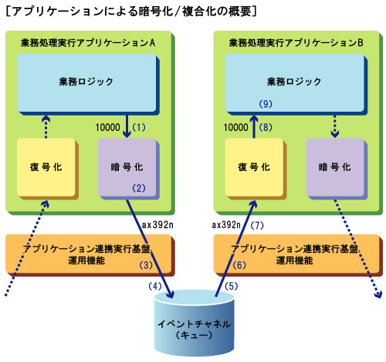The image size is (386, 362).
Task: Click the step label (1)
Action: (139, 127)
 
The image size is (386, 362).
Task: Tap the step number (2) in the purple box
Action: (139, 188)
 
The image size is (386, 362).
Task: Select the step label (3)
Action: (146, 265)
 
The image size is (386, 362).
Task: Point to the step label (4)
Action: (155, 286)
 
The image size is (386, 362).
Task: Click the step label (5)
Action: (232, 286)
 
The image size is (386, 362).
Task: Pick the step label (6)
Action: (239, 265)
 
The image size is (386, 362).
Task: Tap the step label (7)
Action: (257, 226)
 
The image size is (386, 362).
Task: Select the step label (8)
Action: (266, 127)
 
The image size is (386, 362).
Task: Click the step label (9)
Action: (266, 104)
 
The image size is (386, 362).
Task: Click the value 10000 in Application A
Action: (108, 127)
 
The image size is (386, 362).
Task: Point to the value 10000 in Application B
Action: (236, 127)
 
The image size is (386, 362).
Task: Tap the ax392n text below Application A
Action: (157, 225)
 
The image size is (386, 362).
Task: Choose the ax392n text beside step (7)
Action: (226, 225)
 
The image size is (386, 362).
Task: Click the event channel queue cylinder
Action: (195, 323)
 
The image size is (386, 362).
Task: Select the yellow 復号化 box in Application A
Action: (47, 169)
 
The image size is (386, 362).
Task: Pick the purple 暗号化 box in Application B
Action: (337, 169)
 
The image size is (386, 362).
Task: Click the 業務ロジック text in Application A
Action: (86, 82)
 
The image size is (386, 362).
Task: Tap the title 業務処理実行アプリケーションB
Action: (296, 42)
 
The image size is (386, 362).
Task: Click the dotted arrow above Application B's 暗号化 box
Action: (334, 126)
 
